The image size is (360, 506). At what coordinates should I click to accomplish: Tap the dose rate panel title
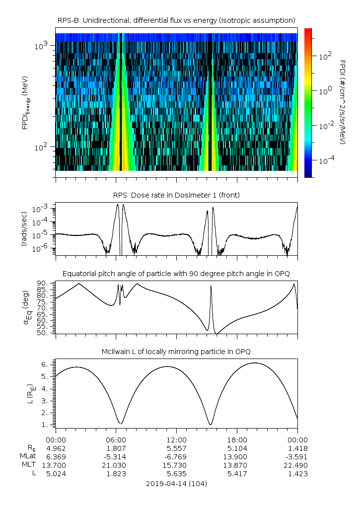[x=176, y=195]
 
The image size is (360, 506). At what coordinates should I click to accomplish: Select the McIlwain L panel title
[x=176, y=352]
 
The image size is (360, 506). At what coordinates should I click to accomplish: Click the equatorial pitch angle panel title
[x=176, y=274]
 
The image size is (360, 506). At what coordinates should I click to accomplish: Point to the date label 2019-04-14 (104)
[x=176, y=483]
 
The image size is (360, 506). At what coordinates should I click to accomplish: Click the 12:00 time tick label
[x=176, y=439]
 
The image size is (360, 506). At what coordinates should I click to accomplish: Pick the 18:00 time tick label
[x=237, y=439]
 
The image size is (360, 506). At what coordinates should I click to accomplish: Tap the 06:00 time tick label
[x=116, y=439]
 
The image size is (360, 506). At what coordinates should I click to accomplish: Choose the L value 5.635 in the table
[x=176, y=473]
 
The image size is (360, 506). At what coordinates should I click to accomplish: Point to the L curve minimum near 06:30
[x=120, y=424]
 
